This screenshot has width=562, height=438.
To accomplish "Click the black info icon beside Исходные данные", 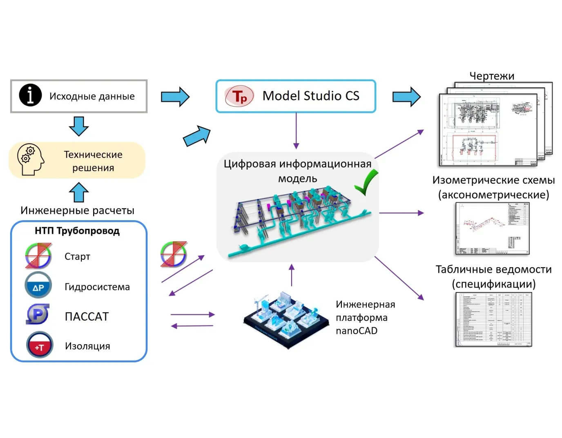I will pyautogui.click(x=30, y=95).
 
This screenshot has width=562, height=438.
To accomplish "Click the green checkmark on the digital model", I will pyautogui.click(x=366, y=183).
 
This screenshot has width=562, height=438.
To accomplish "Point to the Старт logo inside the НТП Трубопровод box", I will pyautogui.click(x=38, y=256).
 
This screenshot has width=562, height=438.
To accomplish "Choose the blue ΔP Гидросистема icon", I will pyautogui.click(x=38, y=285).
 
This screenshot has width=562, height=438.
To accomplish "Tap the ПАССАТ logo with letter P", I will pyautogui.click(x=38, y=315).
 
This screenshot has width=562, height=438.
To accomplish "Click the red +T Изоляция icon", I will pyautogui.click(x=39, y=345).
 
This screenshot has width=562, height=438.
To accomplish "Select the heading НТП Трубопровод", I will pyautogui.click(x=77, y=231).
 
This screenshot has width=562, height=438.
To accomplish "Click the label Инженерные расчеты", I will pyautogui.click(x=77, y=210).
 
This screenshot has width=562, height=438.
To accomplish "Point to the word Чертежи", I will pyautogui.click(x=492, y=76).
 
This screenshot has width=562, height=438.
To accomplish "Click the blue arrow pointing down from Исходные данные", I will pyautogui.click(x=78, y=126).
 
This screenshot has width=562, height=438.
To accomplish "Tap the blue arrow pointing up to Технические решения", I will pyautogui.click(x=78, y=192).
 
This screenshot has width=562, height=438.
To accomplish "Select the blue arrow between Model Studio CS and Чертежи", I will pyautogui.click(x=406, y=97).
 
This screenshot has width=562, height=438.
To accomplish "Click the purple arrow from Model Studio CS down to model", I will pyautogui.click(x=296, y=131).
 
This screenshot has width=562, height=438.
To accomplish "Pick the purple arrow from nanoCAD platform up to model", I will pyautogui.click(x=292, y=275).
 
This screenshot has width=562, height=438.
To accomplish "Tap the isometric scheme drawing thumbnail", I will pyautogui.click(x=493, y=229).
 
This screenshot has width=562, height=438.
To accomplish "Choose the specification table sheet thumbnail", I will pyautogui.click(x=493, y=319).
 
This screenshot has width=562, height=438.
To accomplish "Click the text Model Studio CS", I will pyautogui.click(x=311, y=96).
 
